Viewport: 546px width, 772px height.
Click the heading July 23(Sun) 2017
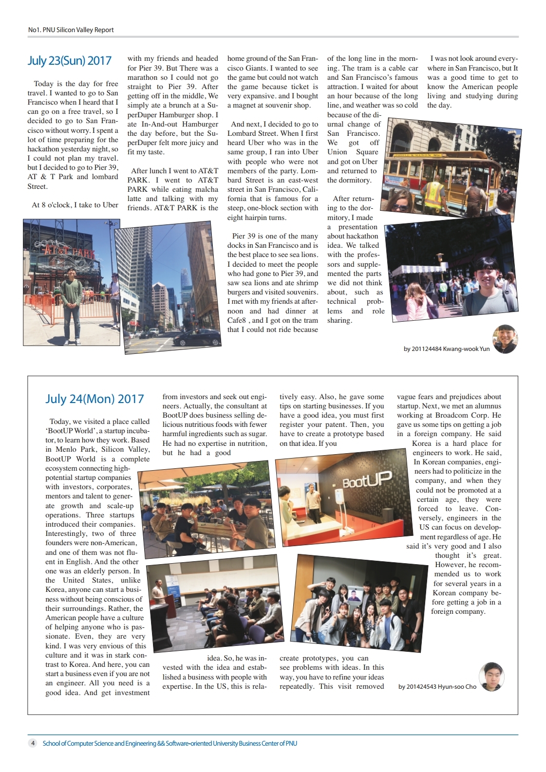coord(69,61)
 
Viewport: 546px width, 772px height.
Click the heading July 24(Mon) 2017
coord(94,399)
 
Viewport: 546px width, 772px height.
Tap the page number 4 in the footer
coord(33,743)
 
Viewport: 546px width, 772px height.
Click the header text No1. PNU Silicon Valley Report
coord(71,30)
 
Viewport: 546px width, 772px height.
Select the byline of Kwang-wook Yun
coord(446,349)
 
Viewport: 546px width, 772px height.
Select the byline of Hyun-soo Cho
coord(437,686)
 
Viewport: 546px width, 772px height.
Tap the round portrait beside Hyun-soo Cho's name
coord(491,676)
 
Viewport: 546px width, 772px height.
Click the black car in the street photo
coord(197,337)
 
